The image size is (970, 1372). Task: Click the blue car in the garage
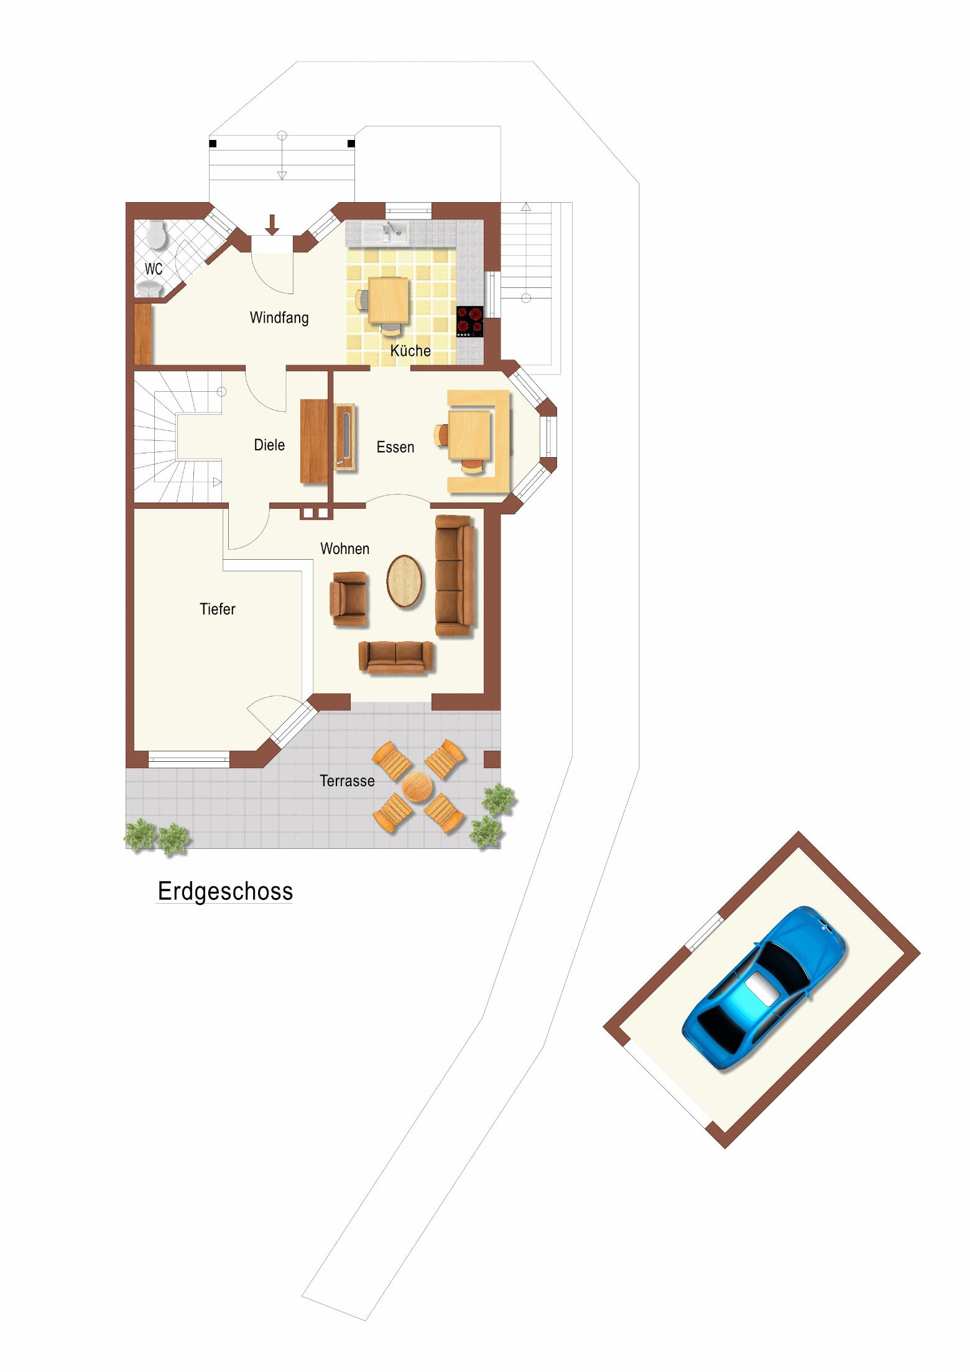[764, 988]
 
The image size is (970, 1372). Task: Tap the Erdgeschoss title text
[225, 891]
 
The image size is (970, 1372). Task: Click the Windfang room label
[279, 317]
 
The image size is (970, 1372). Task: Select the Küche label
[410, 350]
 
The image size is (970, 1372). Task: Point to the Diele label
[269, 445]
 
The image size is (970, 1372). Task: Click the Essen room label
[395, 447]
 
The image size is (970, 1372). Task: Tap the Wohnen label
[344, 549]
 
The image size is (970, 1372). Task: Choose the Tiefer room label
[218, 609]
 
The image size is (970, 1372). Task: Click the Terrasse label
[347, 781]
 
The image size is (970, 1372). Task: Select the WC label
[154, 269]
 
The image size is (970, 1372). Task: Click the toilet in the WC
[156, 234]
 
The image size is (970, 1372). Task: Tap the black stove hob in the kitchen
[470, 322]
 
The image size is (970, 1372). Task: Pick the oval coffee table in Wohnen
[404, 581]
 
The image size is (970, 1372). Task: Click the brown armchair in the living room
[348, 599]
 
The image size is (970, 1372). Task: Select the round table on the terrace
[417, 787]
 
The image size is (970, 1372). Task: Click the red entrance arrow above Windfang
[272, 225]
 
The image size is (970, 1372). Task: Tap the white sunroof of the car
[763, 988]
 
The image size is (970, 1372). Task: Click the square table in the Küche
[389, 300]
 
